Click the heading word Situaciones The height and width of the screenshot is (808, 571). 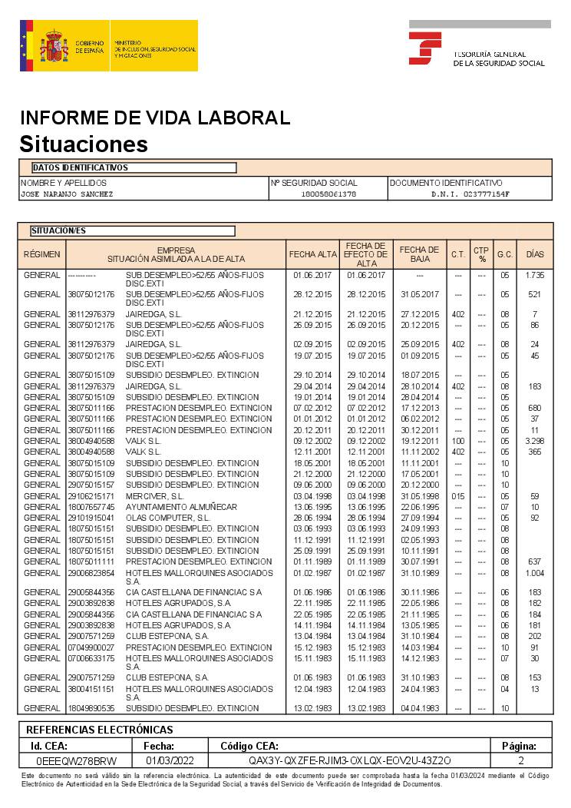click(x=84, y=144)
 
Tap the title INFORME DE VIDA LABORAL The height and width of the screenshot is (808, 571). click(x=155, y=118)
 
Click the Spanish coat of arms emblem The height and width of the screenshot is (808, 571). click(x=54, y=46)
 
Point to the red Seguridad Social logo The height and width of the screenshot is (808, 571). click(x=424, y=48)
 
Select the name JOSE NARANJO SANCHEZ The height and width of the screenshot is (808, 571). click(x=67, y=194)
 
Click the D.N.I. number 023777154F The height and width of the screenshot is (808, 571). click(x=470, y=194)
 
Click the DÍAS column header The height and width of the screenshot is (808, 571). click(x=534, y=253)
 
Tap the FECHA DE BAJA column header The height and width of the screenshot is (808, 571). click(x=419, y=253)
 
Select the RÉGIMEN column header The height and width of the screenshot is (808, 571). click(x=41, y=253)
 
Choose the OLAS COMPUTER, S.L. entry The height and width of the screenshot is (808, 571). click(x=167, y=518)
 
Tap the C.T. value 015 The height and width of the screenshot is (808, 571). click(x=458, y=496)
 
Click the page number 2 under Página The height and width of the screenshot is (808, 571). click(x=521, y=760)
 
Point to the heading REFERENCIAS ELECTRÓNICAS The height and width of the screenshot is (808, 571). click(x=100, y=730)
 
